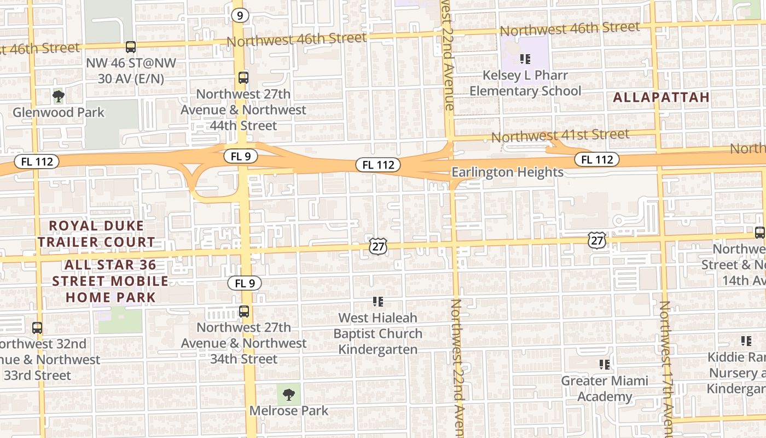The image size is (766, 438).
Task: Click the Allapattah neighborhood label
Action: click(x=661, y=97)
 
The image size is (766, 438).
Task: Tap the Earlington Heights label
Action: click(x=507, y=172)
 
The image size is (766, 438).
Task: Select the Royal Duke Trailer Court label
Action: click(x=96, y=234)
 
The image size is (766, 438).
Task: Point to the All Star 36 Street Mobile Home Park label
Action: click(x=111, y=281)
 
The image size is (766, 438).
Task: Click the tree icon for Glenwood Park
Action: click(x=58, y=96)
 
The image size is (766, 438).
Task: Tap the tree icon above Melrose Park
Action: click(x=288, y=394)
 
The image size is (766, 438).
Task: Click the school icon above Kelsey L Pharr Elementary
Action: click(x=525, y=59)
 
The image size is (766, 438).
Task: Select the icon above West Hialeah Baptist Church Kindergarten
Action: click(x=378, y=301)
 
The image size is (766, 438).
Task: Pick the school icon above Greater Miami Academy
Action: click(x=605, y=364)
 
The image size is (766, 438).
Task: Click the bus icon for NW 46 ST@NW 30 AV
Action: click(x=130, y=47)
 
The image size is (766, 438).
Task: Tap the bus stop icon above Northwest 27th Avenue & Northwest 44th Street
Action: click(x=243, y=78)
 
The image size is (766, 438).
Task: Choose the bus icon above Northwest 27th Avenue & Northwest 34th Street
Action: click(x=244, y=312)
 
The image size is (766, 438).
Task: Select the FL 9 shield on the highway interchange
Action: click(x=241, y=157)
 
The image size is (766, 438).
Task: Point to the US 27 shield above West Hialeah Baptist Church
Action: click(x=378, y=246)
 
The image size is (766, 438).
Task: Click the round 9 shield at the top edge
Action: click(x=240, y=15)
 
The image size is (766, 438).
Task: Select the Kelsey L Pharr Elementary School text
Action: click(x=525, y=83)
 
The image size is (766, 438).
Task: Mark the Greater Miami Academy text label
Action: click(x=605, y=388)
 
